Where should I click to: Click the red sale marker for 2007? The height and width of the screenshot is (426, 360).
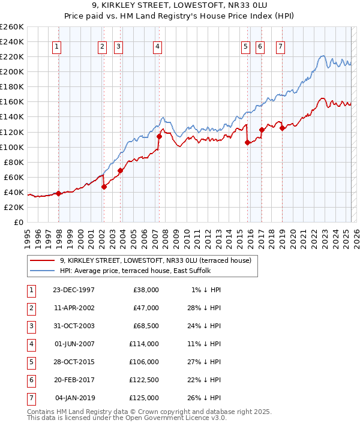tap(159, 136)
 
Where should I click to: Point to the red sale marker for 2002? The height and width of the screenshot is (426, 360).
tap(104, 187)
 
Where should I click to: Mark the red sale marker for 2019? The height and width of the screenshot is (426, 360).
tap(282, 128)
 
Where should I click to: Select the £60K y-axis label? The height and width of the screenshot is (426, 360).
tap(13, 177)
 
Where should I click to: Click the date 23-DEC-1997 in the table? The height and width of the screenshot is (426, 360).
tap(74, 290)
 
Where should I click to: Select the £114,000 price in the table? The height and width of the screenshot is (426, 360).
tap(145, 344)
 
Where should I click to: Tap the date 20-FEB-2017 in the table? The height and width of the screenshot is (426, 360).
tap(74, 380)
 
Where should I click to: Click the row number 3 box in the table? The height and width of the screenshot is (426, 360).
tap(30, 326)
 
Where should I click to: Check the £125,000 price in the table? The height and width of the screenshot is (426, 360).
tap(145, 398)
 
